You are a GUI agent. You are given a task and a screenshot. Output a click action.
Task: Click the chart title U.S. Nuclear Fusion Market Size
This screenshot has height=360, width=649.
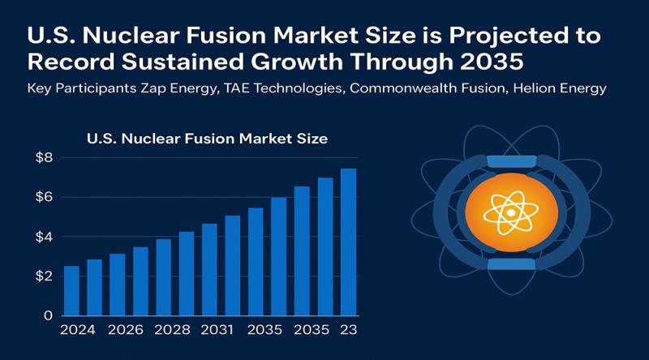[x=207, y=139]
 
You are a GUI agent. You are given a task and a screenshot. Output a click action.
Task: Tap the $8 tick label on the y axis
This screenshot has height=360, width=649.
[x=43, y=157]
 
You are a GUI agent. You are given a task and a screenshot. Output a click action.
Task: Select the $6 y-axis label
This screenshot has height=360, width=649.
[x=43, y=197]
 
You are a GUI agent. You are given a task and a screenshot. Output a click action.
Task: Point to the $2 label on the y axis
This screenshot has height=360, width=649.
[x=43, y=276]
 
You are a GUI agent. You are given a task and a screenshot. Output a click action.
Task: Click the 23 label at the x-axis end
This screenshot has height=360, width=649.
[x=348, y=331]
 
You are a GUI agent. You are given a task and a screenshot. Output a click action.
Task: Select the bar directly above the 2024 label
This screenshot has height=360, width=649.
[x=71, y=290]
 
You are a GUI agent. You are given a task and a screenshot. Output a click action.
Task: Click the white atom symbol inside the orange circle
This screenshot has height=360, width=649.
[x=511, y=212]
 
